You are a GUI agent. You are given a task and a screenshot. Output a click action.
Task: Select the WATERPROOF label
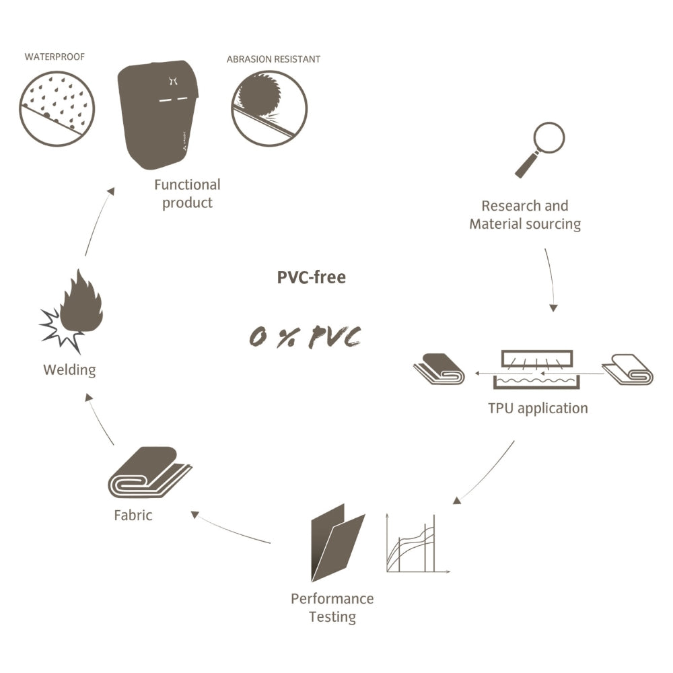55,57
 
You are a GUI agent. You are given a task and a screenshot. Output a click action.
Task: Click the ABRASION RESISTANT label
273,59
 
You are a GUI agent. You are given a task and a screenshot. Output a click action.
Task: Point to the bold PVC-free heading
311,277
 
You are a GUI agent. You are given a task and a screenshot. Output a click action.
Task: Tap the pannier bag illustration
158,114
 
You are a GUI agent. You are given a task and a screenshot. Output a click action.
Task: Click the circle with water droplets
57,108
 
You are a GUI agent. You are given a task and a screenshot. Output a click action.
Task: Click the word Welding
69,369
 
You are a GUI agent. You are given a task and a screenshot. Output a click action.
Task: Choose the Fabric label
133,515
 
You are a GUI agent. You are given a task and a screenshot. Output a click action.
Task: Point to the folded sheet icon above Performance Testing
338,542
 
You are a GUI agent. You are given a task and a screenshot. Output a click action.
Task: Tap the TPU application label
538,409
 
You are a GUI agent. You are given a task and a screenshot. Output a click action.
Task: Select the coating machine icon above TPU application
536,369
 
